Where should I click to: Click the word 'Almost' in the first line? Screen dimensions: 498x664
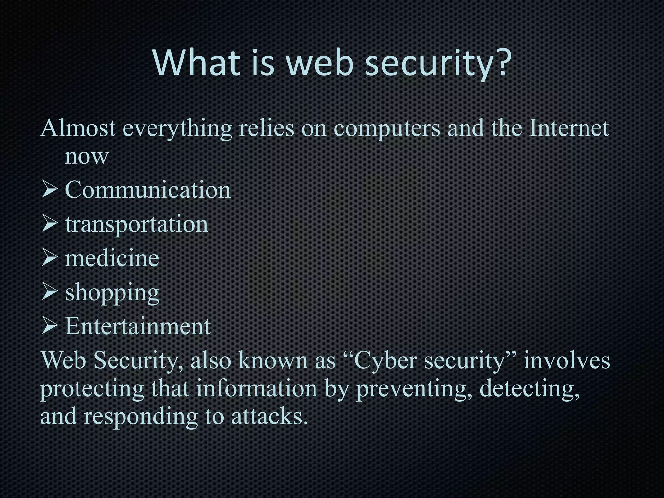point(78,128)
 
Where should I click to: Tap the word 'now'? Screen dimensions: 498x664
point(86,157)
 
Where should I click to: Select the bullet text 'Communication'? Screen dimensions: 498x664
point(148,190)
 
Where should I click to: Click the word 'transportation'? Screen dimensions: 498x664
point(136,225)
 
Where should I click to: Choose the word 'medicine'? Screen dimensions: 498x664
point(112,258)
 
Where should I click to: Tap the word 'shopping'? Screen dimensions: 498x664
point(112,293)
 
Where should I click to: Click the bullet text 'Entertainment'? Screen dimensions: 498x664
point(138,326)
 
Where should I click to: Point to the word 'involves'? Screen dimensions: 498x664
point(567,361)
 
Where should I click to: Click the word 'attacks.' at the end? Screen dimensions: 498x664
point(269,416)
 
